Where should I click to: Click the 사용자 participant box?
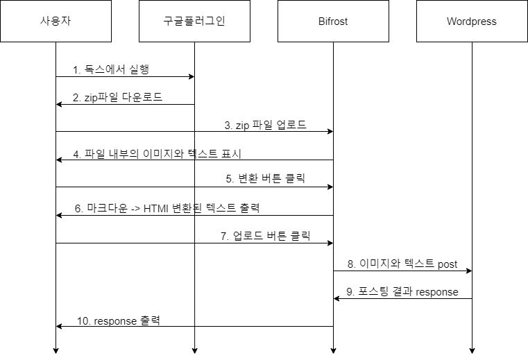point(56,21)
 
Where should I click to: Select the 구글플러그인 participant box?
point(195,21)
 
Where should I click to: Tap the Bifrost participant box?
point(333,21)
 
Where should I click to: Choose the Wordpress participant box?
point(472,21)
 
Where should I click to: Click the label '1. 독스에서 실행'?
point(111,69)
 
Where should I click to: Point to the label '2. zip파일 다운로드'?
point(117,97)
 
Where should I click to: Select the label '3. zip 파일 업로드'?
point(265,125)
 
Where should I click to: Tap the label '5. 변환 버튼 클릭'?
point(265,178)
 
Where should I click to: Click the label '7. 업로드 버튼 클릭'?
point(265,235)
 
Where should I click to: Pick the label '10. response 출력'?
point(119,320)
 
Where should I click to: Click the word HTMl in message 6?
point(155,209)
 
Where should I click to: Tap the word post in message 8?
point(448,264)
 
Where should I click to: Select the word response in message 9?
point(436,292)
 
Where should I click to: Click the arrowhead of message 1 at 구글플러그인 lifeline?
point(191,77)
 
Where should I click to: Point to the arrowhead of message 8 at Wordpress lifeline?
point(469,271)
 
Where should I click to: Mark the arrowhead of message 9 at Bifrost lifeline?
point(337,299)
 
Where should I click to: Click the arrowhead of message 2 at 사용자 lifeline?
point(59,105)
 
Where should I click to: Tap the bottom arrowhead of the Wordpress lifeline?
point(472,351)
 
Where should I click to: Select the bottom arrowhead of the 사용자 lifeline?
point(56,351)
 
